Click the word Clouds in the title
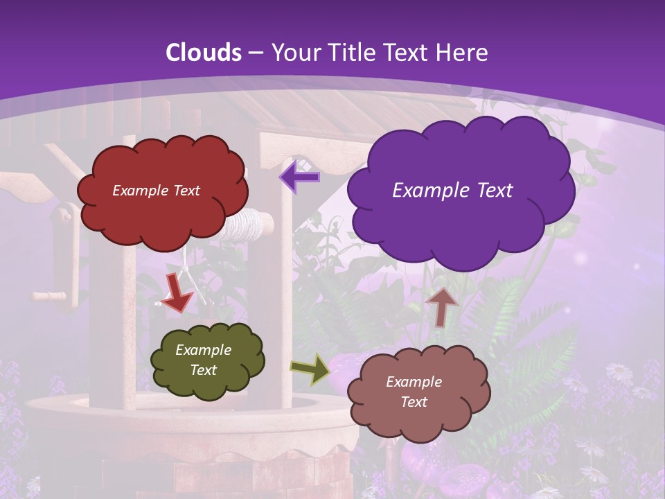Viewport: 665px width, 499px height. point(204,53)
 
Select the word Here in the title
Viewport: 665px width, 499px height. point(463,53)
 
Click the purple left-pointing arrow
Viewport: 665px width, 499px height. point(299,177)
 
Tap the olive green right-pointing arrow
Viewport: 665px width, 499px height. point(311,369)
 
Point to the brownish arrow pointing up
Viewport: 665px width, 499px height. point(442,306)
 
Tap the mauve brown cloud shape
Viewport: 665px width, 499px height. point(418,392)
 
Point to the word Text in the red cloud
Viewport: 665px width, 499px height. point(184,191)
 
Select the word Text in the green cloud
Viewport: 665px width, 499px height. point(204,370)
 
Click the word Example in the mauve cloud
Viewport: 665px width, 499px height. point(414,382)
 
